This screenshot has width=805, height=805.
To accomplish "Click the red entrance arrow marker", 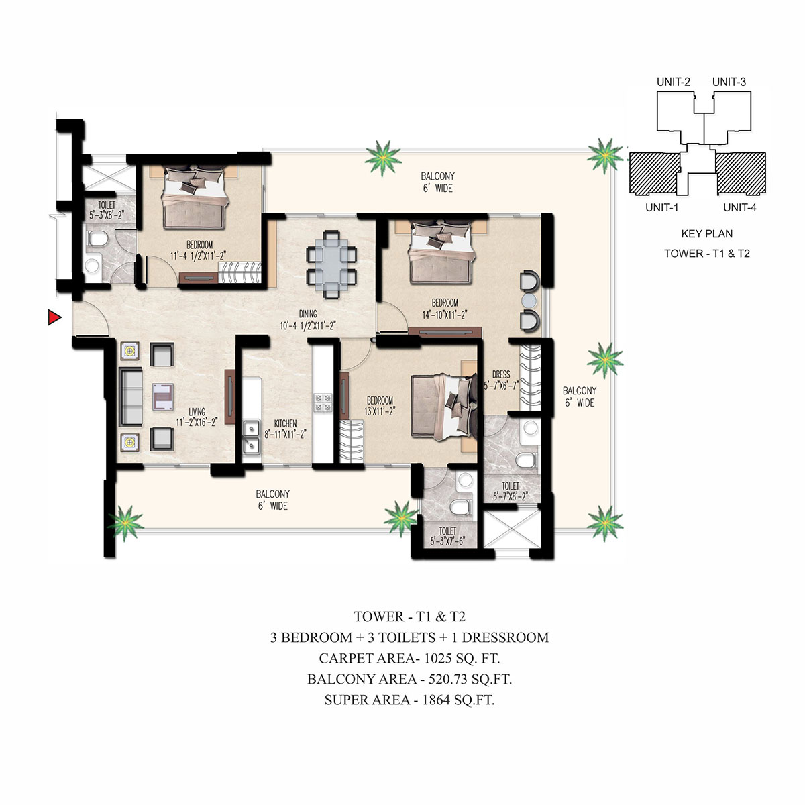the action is coord(54,317).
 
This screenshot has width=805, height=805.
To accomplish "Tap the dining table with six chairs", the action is coord(331,264).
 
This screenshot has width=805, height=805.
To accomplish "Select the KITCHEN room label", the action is coord(285,423).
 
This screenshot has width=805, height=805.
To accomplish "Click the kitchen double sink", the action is coord(252,437).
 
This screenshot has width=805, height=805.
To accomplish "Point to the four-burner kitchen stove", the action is coord(323,402).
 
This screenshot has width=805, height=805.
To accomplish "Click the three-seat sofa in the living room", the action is coord(131,396).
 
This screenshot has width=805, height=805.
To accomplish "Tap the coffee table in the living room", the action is coord(163,396).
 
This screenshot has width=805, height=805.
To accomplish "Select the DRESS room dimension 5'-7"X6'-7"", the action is coord(501,385).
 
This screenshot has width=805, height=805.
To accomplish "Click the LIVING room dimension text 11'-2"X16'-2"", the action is coord(197,422).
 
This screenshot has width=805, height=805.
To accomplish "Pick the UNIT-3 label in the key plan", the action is coord(729,82).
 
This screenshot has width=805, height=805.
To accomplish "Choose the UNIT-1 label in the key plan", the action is coord(661,207).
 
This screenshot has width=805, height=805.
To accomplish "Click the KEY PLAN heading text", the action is coord(707,233).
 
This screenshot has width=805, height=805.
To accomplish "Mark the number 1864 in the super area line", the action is coord(436,700).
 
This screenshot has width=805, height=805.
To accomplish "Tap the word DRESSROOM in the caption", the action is coord(505,637).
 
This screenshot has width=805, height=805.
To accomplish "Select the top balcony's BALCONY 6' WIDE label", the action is coord(437,182).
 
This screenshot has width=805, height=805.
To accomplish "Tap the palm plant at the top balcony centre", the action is coord(383,158).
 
